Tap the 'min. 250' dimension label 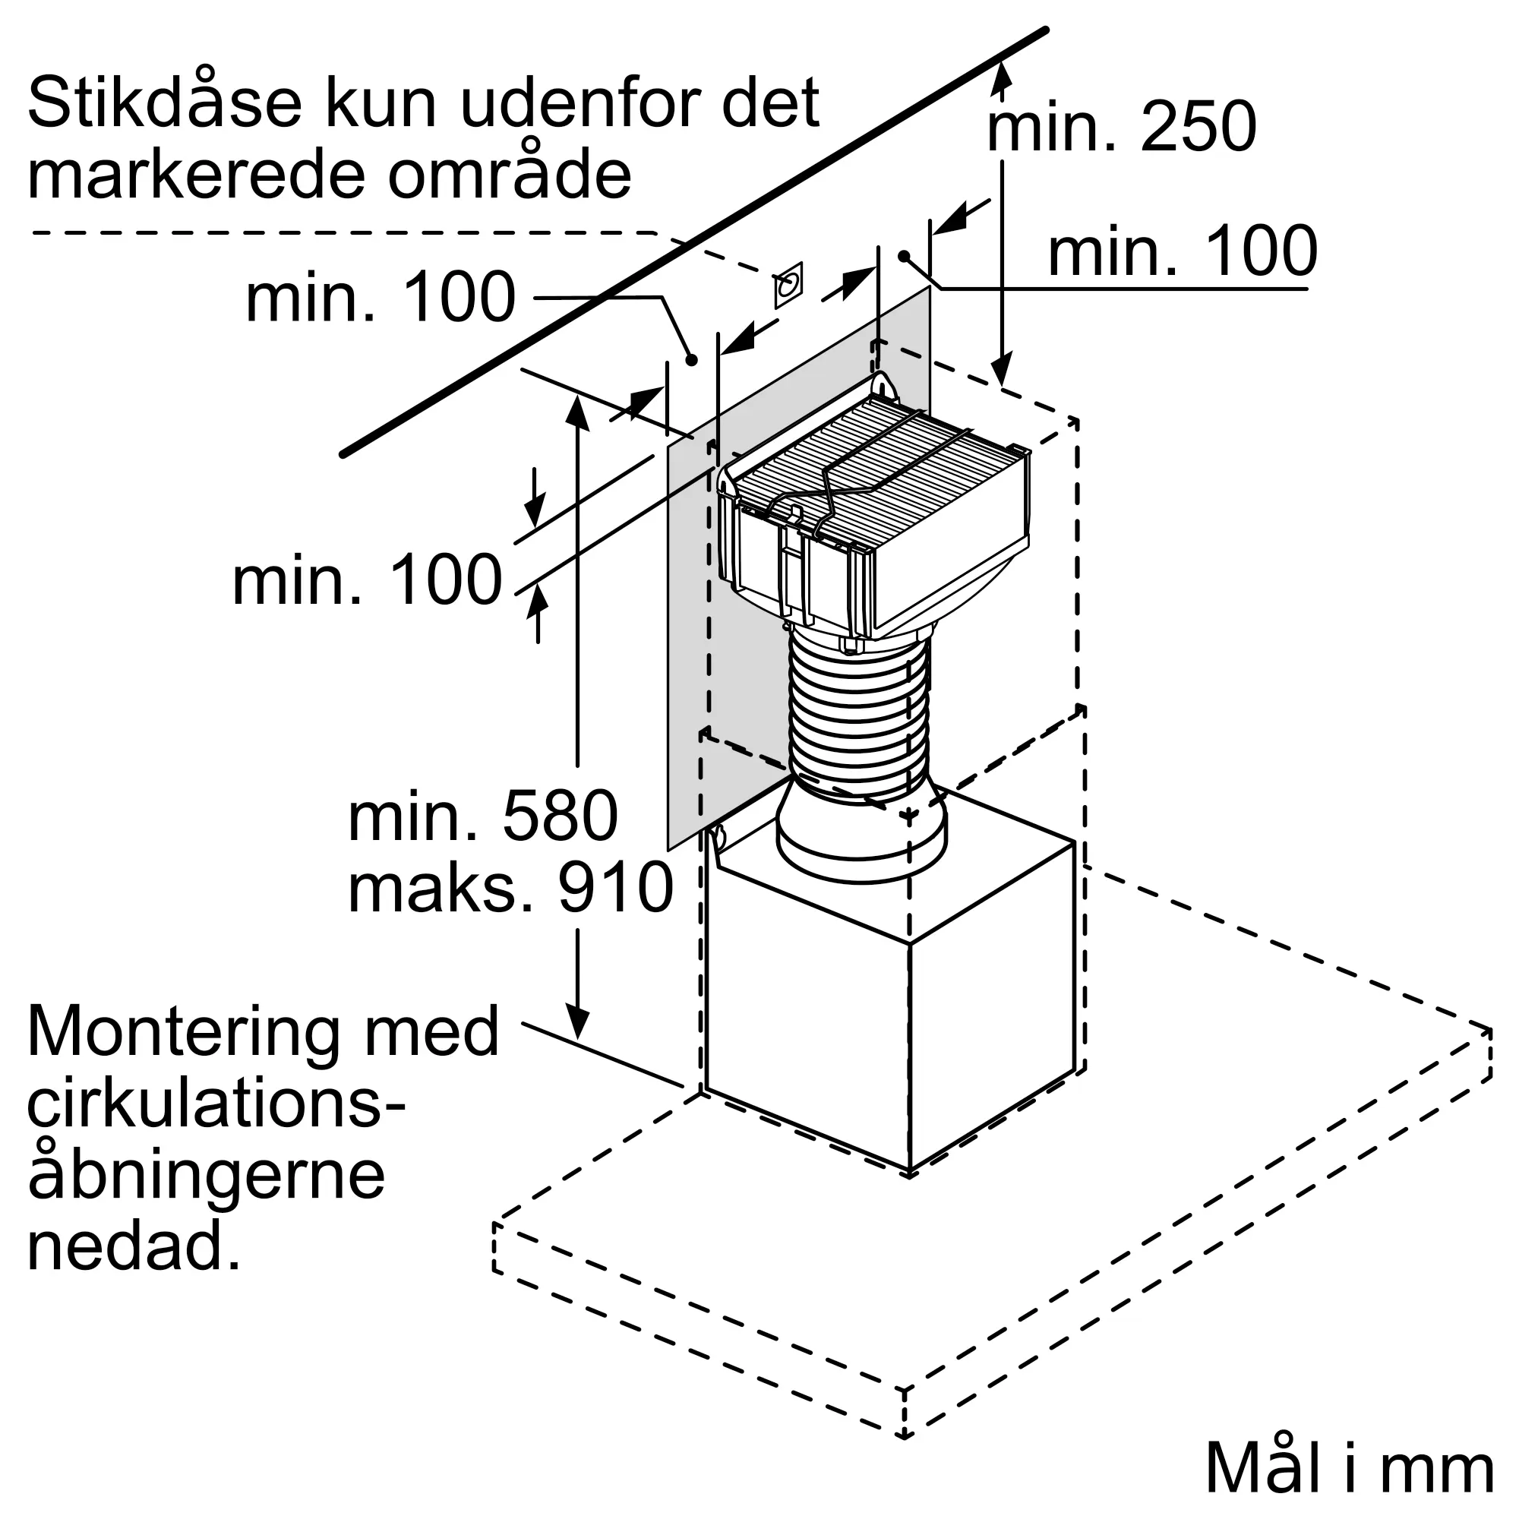point(1121,127)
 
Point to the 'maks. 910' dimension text point(510,887)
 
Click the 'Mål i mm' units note point(1349,1467)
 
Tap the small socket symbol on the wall point(788,285)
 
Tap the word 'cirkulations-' point(216,1104)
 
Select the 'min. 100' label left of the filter point(366,579)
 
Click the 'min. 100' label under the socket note point(381,296)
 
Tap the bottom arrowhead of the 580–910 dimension point(578,1025)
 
